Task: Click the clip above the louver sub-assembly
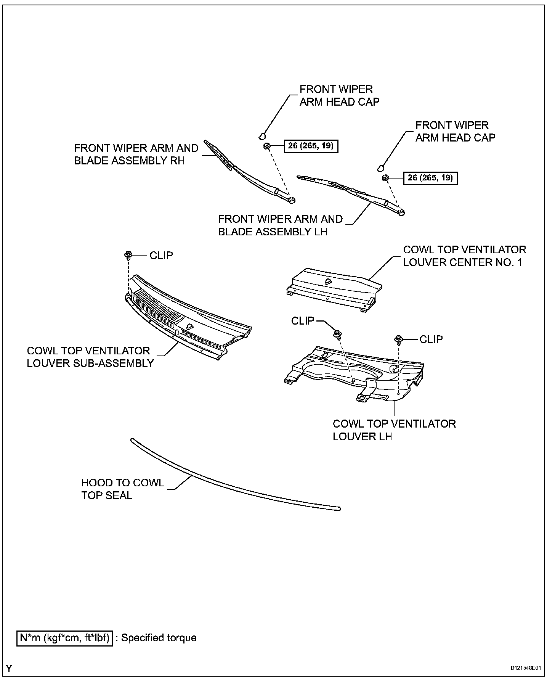pyautogui.click(x=128, y=255)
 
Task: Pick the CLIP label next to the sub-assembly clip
pyautogui.click(x=161, y=255)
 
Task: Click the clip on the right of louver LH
pyautogui.click(x=399, y=339)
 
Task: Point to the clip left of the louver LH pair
pyautogui.click(x=337, y=335)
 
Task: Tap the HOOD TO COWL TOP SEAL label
pyautogui.click(x=122, y=489)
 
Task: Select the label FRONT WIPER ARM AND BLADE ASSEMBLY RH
pyautogui.click(x=136, y=154)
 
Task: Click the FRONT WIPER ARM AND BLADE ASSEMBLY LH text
pyautogui.click(x=280, y=225)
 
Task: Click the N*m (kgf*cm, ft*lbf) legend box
pyautogui.click(x=64, y=638)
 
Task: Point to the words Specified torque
pyautogui.click(x=159, y=638)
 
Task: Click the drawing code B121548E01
pyautogui.click(x=526, y=668)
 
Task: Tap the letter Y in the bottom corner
pyautogui.click(x=9, y=668)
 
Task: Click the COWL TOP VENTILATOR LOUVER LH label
pyautogui.click(x=394, y=430)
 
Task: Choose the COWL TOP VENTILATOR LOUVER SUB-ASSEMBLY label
pyautogui.click(x=90, y=357)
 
